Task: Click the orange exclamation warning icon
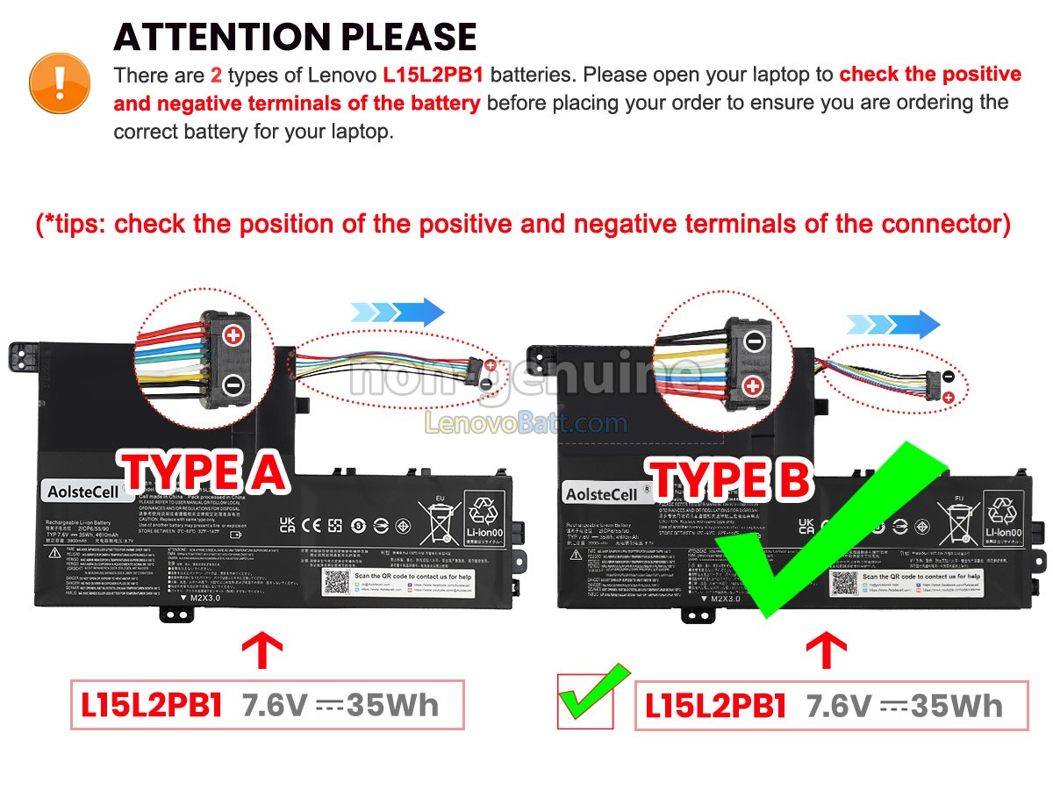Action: pyautogui.click(x=60, y=81)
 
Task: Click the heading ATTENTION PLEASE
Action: pyautogui.click(x=295, y=37)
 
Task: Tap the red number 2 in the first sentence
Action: pyautogui.click(x=216, y=75)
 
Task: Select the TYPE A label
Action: pyautogui.click(x=204, y=472)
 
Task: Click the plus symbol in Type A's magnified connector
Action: pyautogui.click(x=233, y=334)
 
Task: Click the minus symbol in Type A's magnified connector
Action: pyautogui.click(x=233, y=384)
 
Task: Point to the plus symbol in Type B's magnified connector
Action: pyautogui.click(x=754, y=385)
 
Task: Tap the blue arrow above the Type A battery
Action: pyautogui.click(x=398, y=312)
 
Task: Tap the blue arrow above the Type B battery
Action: pyautogui.click(x=893, y=326)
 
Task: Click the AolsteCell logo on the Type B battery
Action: pyautogui.click(x=602, y=494)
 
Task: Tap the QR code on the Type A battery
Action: pyautogui.click(x=336, y=582)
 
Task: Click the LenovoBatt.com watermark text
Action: pyautogui.click(x=526, y=424)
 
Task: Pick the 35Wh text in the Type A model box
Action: pyautogui.click(x=392, y=704)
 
